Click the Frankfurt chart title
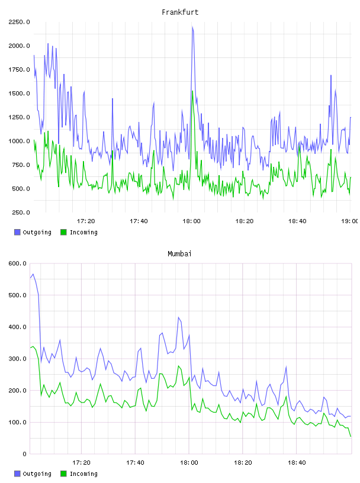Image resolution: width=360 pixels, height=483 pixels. pyautogui.click(x=180, y=12)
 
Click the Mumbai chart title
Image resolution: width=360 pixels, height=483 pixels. pyautogui.click(x=179, y=254)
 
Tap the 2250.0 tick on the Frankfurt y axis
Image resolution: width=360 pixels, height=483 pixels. pyautogui.click(x=19, y=22)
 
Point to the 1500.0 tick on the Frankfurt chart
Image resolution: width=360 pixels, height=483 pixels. pyautogui.click(x=19, y=94)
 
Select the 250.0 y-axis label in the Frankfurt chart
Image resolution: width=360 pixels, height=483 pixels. pyautogui.click(x=21, y=212)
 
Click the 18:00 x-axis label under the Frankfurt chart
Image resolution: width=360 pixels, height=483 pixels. pyautogui.click(x=191, y=221)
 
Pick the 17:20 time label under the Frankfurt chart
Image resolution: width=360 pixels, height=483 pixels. pyautogui.click(x=86, y=221)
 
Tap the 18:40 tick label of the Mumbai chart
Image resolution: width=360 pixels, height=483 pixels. pyautogui.click(x=297, y=463)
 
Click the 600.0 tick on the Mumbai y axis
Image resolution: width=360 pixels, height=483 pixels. pyautogui.click(x=17, y=263)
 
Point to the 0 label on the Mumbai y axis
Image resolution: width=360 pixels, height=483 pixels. pyautogui.click(x=24, y=454)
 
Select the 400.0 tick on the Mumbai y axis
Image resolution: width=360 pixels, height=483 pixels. pyautogui.click(x=17, y=327)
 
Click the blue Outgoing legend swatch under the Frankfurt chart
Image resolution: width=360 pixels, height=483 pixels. pyautogui.click(x=17, y=232)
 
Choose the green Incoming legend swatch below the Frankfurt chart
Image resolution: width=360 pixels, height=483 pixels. pyautogui.click(x=63, y=232)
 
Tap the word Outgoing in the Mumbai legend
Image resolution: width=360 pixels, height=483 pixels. pyautogui.click(x=37, y=474)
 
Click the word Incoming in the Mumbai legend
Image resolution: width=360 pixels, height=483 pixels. pyautogui.click(x=83, y=474)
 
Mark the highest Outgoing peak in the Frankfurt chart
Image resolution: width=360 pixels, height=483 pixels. pyautogui.click(x=192, y=27)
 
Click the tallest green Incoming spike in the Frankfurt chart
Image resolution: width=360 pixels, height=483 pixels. pyautogui.click(x=192, y=91)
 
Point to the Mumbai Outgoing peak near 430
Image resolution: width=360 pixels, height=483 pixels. pyautogui.click(x=178, y=317)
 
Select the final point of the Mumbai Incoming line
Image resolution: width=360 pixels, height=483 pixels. pyautogui.click(x=351, y=436)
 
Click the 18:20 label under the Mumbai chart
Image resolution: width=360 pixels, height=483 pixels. pyautogui.click(x=243, y=463)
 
